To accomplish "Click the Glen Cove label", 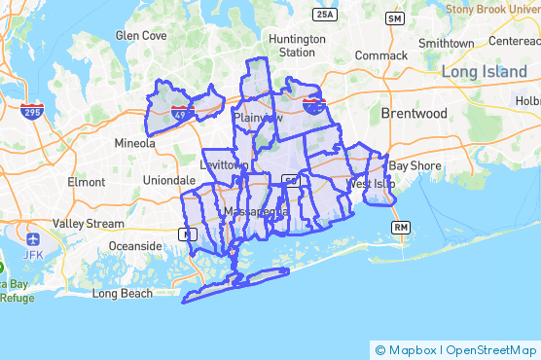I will pyautogui.click(x=141, y=35).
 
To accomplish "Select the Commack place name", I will pyautogui.click(x=381, y=55).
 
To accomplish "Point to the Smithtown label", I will pyautogui.click(x=446, y=44).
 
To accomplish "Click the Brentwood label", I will pyautogui.click(x=415, y=114).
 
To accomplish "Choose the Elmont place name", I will pyautogui.click(x=86, y=182).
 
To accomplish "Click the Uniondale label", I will pyautogui.click(x=169, y=181).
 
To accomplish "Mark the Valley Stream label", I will pyautogui.click(x=89, y=223).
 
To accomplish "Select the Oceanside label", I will pyautogui.click(x=135, y=245).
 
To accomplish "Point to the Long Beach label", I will pyautogui.click(x=122, y=293).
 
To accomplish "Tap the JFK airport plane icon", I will pyautogui.click(x=33, y=239).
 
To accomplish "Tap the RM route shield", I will pyautogui.click(x=400, y=227).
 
